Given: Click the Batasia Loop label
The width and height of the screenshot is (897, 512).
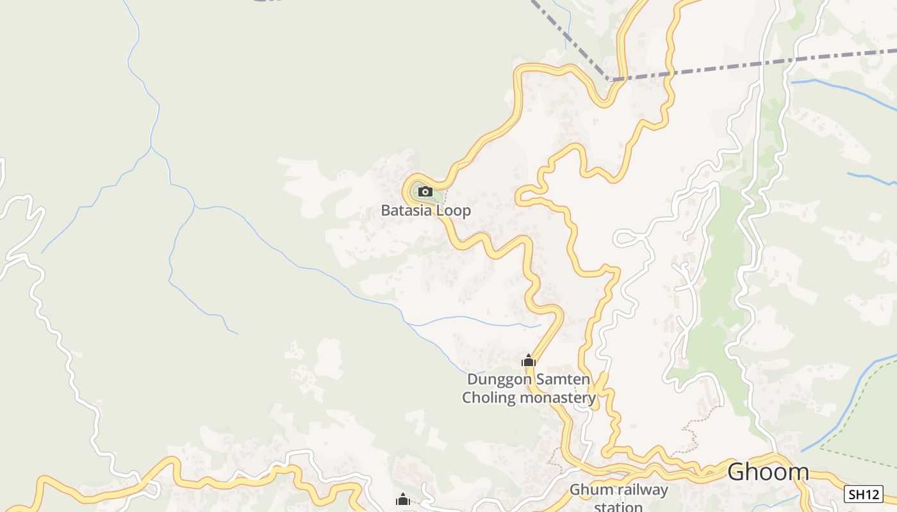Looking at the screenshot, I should [x=425, y=210].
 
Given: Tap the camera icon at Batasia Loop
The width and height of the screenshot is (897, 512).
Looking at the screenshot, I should [x=425, y=191].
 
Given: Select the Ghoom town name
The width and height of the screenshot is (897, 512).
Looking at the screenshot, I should [x=768, y=472].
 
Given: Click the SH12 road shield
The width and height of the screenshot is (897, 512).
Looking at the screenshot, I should [x=863, y=494].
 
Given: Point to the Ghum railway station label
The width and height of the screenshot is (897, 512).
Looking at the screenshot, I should [x=619, y=498].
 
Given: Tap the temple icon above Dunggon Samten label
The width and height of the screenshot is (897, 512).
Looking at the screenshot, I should [x=528, y=361].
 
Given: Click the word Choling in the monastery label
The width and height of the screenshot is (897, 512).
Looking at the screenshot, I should [x=489, y=397].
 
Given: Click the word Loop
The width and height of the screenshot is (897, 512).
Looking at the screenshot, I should [x=454, y=210].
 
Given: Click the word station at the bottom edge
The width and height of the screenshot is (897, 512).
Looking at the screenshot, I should [x=619, y=507].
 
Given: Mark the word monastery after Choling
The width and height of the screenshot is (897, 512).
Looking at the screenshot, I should [x=557, y=397].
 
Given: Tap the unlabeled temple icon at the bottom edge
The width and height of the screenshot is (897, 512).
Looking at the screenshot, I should [x=402, y=500].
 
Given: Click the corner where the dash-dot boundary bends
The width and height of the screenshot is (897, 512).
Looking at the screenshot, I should [x=609, y=80].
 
